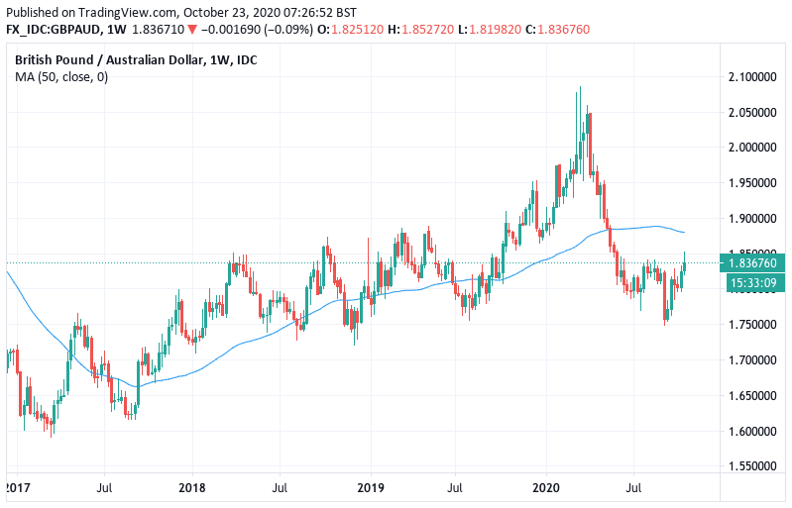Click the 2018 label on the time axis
[x=192, y=488]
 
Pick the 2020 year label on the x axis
[x=546, y=488]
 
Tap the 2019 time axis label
[x=370, y=488]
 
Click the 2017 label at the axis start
[x=16, y=488]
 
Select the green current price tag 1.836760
[x=752, y=263]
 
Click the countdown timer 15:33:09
[x=752, y=282]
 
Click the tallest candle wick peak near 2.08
[x=580, y=87]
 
